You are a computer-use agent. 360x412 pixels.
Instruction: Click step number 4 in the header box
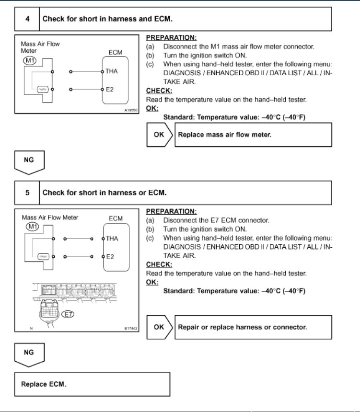click(x=27, y=19)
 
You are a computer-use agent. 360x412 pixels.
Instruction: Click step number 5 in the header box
click(x=27, y=193)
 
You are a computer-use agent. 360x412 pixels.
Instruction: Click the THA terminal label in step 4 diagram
click(x=112, y=71)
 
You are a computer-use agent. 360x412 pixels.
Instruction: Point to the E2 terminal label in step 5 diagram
click(x=110, y=257)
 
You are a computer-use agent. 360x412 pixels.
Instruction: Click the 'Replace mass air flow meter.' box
click(x=254, y=135)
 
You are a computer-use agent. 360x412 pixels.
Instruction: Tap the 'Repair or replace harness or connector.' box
click(x=254, y=327)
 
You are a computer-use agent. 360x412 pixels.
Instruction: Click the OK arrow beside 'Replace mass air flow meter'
click(x=160, y=135)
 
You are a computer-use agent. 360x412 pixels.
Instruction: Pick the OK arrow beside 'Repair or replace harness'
click(x=160, y=327)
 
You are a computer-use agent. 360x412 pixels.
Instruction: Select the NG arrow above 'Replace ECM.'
click(x=29, y=354)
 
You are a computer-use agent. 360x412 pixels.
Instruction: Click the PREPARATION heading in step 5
click(x=171, y=211)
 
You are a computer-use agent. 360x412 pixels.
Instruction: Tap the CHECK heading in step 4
click(x=159, y=91)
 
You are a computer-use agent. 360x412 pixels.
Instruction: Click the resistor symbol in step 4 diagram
click(x=42, y=89)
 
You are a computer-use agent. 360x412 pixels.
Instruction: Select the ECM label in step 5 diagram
click(x=116, y=218)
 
